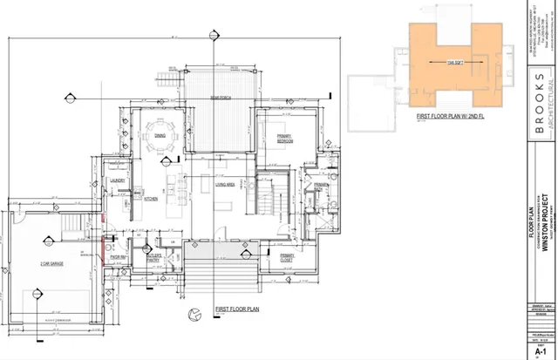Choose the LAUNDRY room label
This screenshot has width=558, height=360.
tap(119, 181)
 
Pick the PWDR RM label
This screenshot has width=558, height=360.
tap(141, 257)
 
